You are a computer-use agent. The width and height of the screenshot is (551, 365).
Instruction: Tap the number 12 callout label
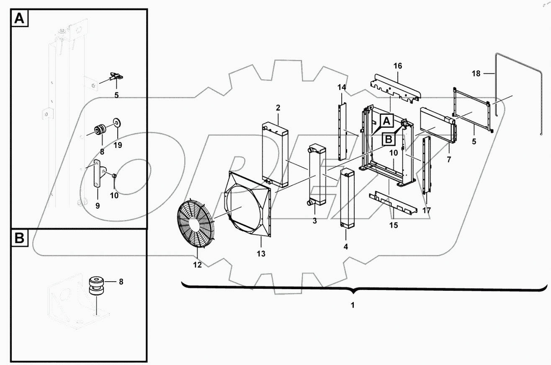[197, 265]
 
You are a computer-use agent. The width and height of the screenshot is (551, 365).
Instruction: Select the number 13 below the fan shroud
[261, 254]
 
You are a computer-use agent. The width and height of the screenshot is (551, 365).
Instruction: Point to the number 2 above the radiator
[278, 108]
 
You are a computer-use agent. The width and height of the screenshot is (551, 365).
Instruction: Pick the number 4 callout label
[345, 247]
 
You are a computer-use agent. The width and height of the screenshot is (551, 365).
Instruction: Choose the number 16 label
[397, 66]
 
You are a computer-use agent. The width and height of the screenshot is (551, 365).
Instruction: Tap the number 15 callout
[393, 225]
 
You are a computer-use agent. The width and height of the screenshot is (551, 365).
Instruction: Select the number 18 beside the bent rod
[476, 74]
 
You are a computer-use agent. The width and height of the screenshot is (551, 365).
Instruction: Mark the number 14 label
[342, 87]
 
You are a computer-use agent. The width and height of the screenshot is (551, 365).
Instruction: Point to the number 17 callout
[427, 210]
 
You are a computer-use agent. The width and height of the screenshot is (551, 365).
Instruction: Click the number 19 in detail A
[118, 145]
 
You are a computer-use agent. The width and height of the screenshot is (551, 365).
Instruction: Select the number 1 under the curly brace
[353, 305]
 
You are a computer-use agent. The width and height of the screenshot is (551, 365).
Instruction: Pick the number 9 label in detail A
[97, 206]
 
